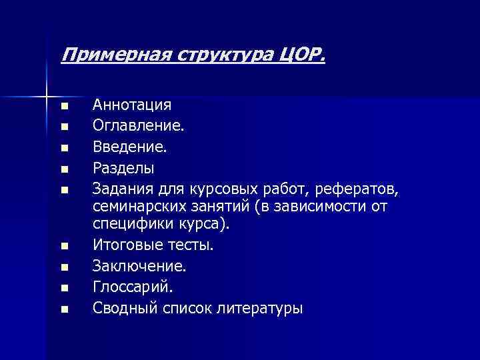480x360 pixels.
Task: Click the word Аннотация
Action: coord(132,105)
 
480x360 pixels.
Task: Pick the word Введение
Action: coord(130,145)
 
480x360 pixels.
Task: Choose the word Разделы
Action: coord(123,166)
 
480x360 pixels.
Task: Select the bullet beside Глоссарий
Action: coord(64,289)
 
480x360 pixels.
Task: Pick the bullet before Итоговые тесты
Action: coord(64,247)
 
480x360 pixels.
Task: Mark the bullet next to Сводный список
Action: coord(64,309)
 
